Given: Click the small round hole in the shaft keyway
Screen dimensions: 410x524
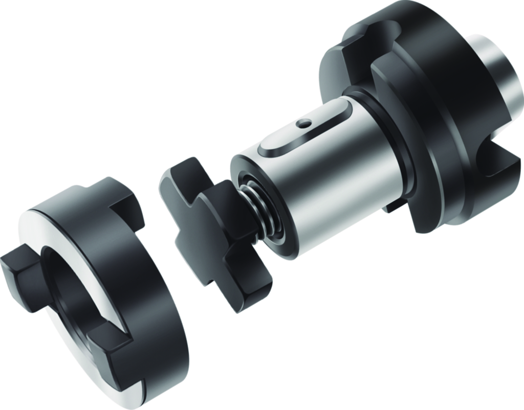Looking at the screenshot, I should tap(305, 123).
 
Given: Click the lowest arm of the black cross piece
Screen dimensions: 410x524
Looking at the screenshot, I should tap(241, 291).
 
